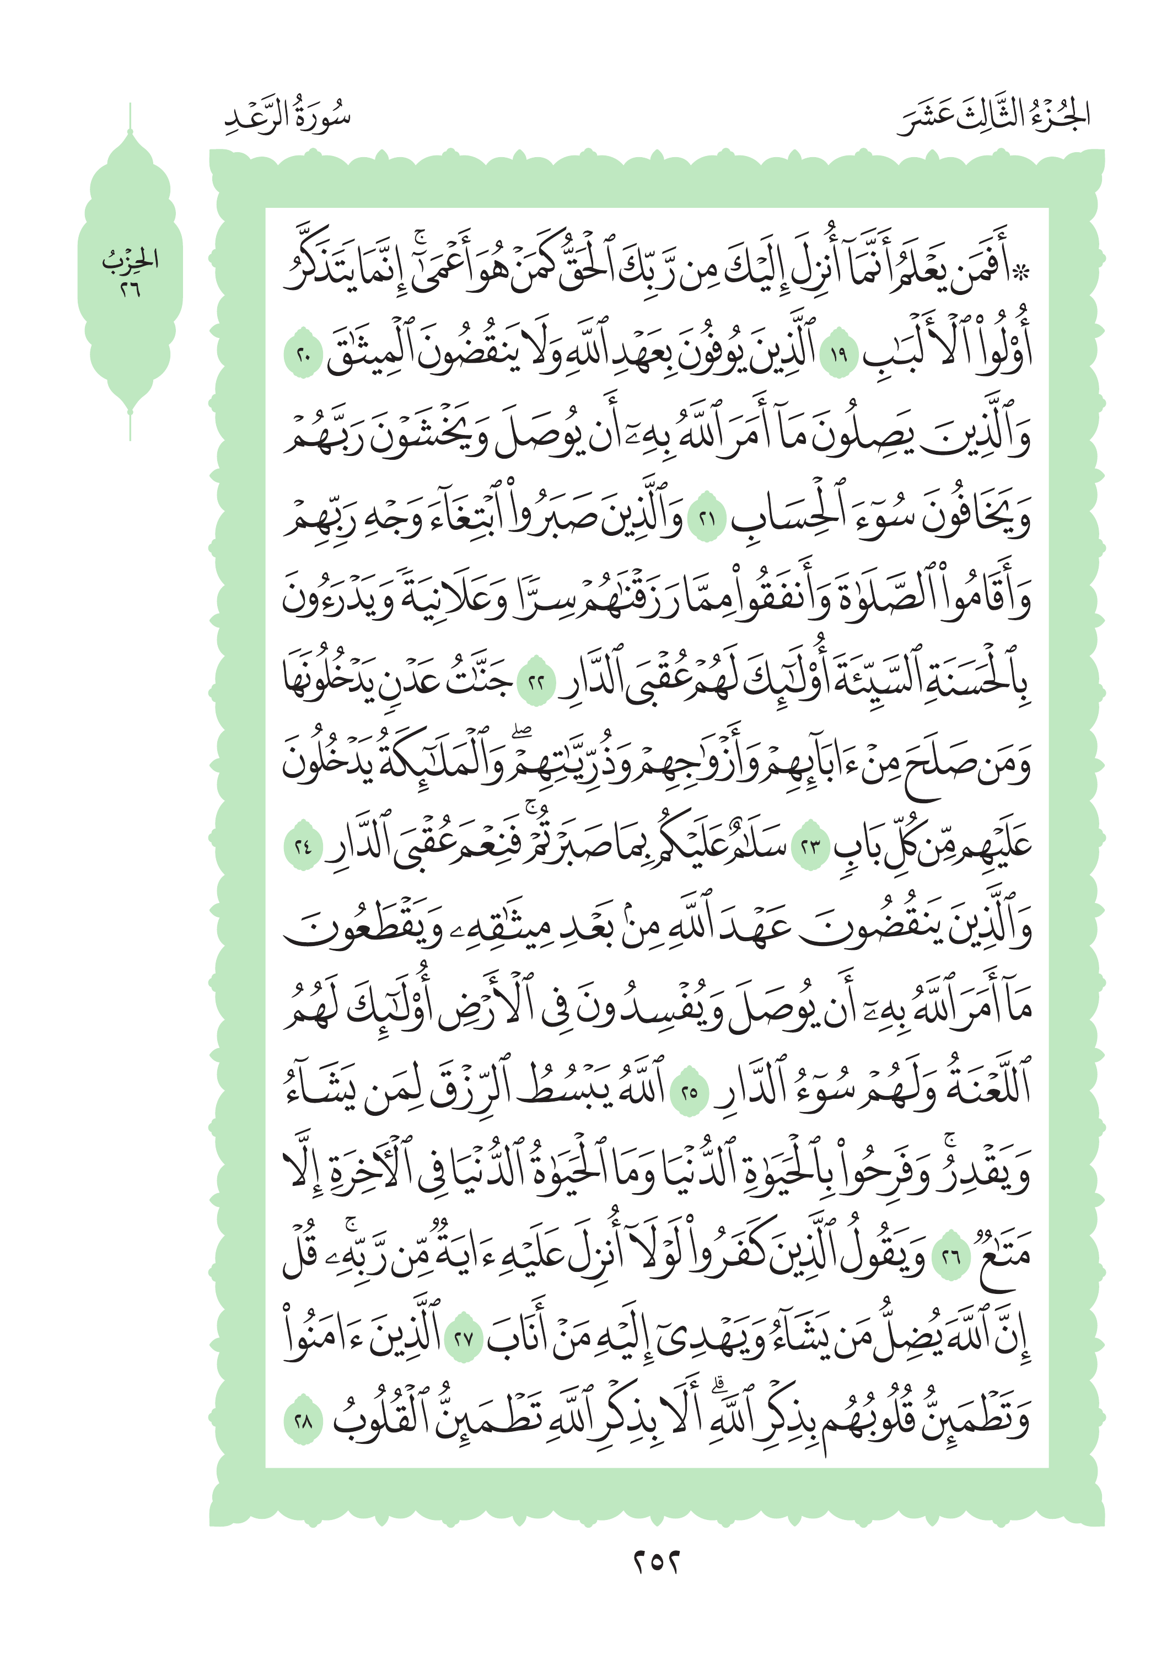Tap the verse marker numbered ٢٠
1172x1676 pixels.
tap(302, 356)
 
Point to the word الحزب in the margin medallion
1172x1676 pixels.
tap(130, 260)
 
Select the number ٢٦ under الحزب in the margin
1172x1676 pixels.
tap(130, 290)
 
